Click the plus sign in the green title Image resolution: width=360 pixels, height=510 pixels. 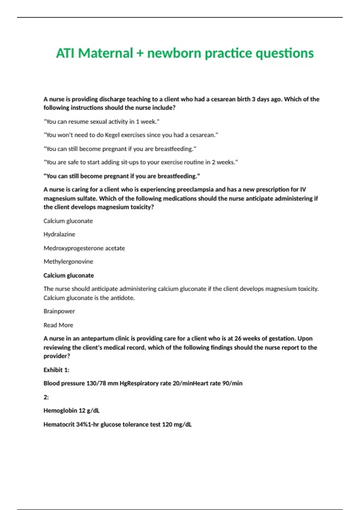point(139,53)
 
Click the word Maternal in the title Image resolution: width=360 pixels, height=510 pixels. point(105,53)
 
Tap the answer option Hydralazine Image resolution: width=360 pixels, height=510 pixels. point(59,234)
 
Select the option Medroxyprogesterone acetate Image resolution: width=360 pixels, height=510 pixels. point(84,248)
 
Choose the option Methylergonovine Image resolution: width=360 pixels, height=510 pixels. point(68,262)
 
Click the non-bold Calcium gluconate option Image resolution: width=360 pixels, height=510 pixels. point(68,221)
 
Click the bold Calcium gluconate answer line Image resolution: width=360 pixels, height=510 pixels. point(69,275)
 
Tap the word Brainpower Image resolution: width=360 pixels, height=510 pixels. point(59,311)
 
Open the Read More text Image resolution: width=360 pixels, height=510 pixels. point(58,325)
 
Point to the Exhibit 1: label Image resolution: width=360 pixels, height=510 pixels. point(56,370)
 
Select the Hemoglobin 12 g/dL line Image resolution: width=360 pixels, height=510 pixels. point(71,410)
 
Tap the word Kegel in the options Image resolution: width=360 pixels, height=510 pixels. point(112,135)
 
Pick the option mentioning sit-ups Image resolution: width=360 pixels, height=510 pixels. point(141,162)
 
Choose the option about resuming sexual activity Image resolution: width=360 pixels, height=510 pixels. point(102,121)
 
